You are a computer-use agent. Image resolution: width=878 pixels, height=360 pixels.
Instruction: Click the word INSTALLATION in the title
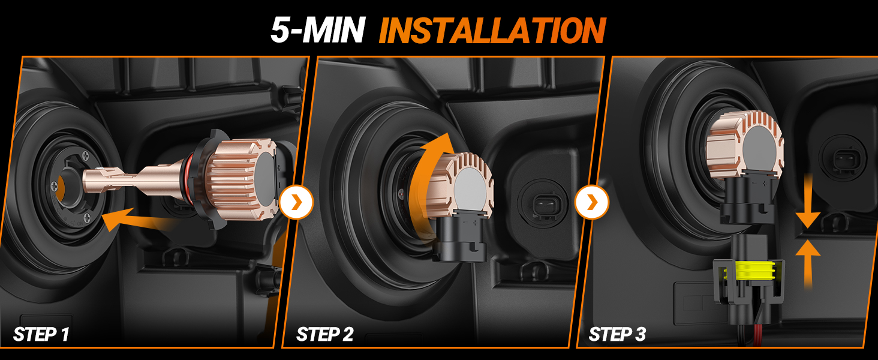(492, 31)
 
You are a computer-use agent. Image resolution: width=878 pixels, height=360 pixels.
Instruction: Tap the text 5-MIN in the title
(317, 31)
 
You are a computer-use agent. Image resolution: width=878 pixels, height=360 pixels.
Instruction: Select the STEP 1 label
(41, 335)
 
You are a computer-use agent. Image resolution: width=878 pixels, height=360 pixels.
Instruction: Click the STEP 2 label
(324, 335)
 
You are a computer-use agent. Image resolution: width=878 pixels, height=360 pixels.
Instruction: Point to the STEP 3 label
(617, 335)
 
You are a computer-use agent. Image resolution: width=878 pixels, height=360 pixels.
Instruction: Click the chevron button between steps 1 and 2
(296, 202)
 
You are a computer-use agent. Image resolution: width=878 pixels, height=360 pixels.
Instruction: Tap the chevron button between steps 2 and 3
(592, 202)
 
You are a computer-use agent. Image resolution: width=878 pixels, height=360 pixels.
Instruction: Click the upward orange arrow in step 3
(808, 263)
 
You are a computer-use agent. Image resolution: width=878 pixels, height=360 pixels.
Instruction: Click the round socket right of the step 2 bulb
(543, 205)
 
